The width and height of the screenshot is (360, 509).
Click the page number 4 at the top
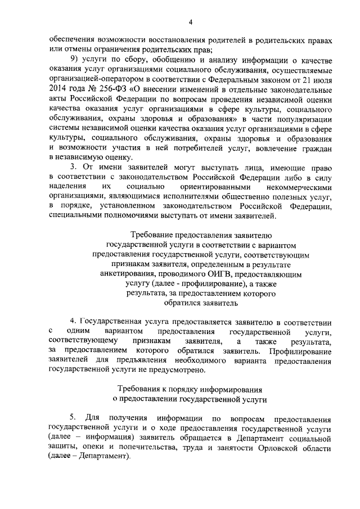coord(190,22)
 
